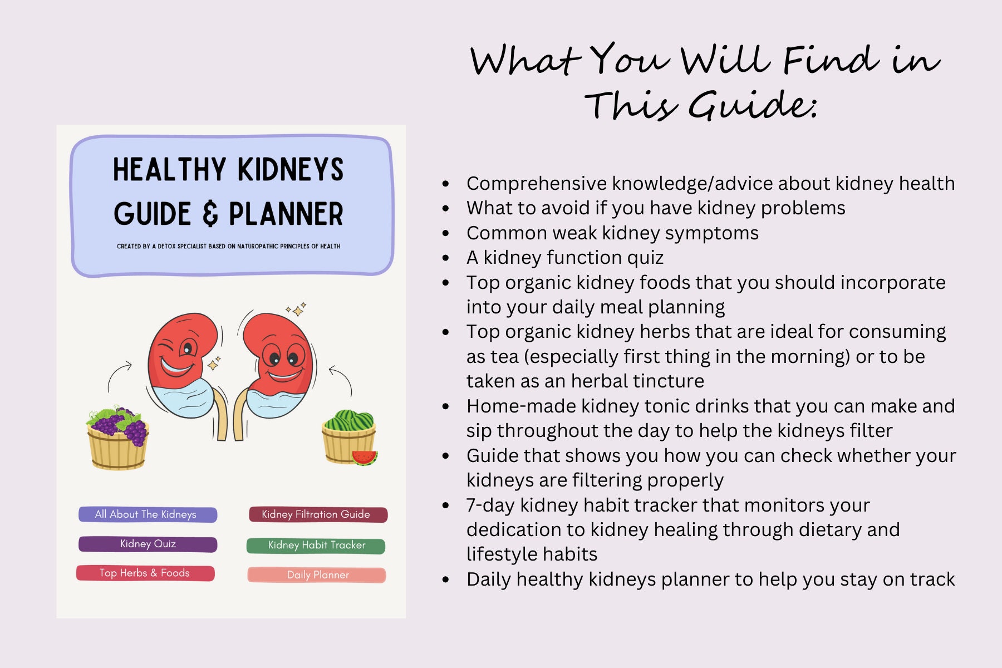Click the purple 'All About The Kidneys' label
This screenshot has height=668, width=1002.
click(148, 514)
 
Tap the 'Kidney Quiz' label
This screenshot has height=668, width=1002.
click(148, 544)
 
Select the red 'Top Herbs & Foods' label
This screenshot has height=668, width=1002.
click(145, 573)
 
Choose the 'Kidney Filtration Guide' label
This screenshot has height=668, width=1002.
click(317, 514)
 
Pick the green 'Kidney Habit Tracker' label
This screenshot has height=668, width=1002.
click(316, 546)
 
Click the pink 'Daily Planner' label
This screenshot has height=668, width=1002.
click(317, 575)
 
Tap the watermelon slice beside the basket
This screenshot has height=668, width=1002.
click(365, 458)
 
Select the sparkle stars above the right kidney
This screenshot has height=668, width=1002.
click(297, 310)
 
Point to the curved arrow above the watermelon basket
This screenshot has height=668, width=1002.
click(342, 379)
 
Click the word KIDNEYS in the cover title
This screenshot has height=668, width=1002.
click(290, 170)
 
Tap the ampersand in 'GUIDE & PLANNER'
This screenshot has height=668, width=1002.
click(210, 214)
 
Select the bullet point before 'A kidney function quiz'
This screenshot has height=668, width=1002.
click(445, 258)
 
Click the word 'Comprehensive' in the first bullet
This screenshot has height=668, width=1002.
click(537, 184)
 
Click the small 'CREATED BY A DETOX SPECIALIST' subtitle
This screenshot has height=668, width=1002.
click(228, 246)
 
